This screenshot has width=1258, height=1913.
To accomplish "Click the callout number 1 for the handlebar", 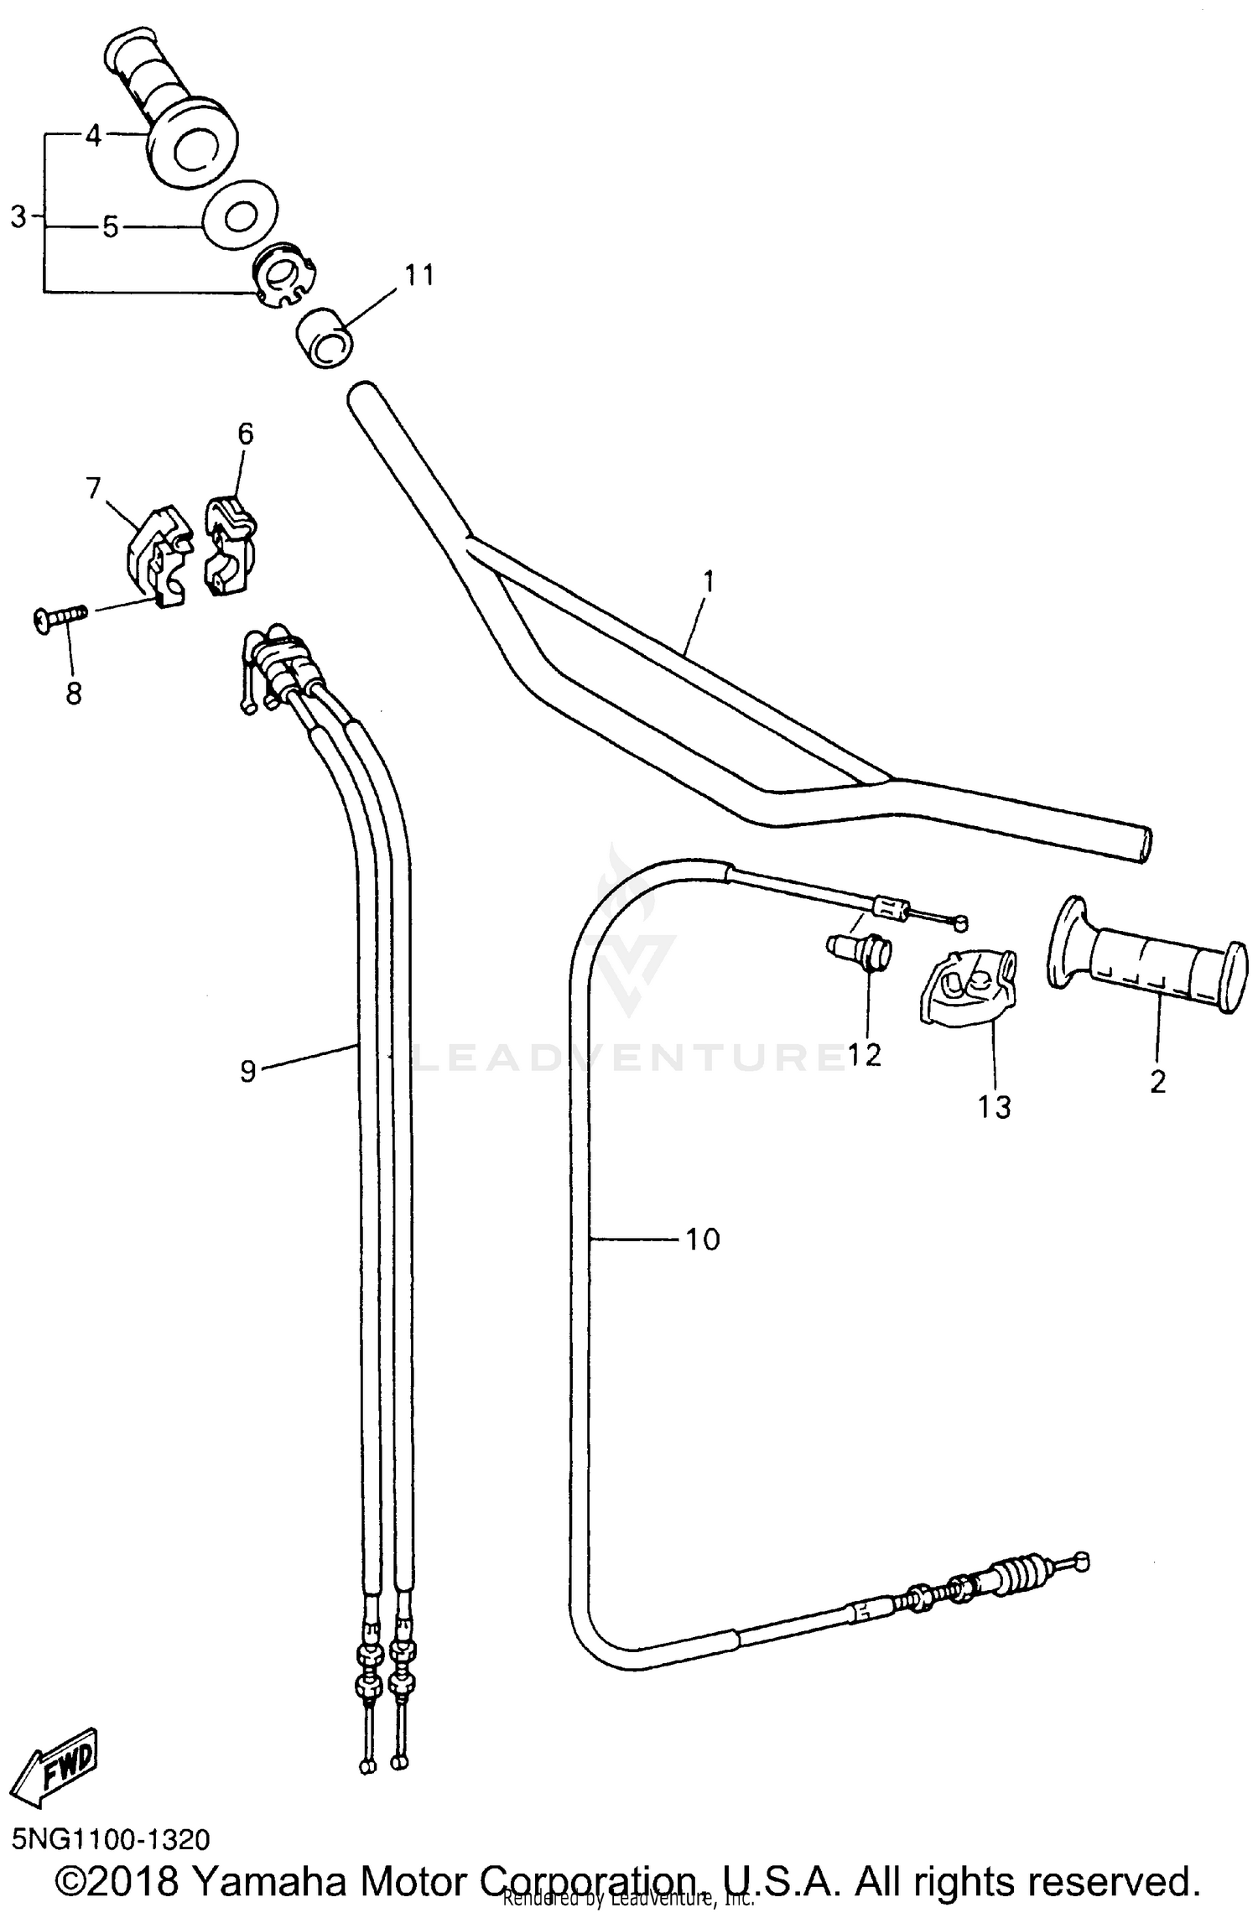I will click(x=709, y=581).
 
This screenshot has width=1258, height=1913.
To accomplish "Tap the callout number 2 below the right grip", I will click(x=1157, y=1082).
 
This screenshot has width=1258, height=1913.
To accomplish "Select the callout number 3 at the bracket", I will click(x=18, y=216).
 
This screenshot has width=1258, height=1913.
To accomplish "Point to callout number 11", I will click(x=419, y=274).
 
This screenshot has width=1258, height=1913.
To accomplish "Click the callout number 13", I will click(x=995, y=1107).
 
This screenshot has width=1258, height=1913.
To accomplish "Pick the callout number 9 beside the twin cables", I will click(x=247, y=1071).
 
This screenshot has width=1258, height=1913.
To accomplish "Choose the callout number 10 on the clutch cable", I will click(x=703, y=1239).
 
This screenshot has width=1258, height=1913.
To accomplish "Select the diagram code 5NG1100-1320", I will click(x=111, y=1839).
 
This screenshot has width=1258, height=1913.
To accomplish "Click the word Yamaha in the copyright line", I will click(x=269, y=1879).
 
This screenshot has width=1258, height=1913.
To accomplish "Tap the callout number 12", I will click(x=864, y=1055).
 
